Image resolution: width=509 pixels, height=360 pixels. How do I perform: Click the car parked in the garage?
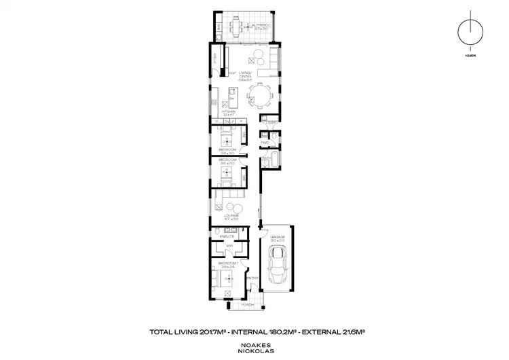click(x=278, y=266)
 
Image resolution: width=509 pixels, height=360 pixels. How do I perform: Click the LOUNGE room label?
click(x=233, y=215)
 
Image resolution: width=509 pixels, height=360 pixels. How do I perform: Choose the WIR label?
click(x=229, y=246)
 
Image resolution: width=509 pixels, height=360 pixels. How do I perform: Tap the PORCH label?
click(x=248, y=305)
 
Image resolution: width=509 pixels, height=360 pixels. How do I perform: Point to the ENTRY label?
click(x=251, y=278)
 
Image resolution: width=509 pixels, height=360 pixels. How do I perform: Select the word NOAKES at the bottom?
click(x=254, y=344)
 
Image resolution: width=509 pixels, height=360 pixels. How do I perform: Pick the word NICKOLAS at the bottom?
click(x=254, y=351)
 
